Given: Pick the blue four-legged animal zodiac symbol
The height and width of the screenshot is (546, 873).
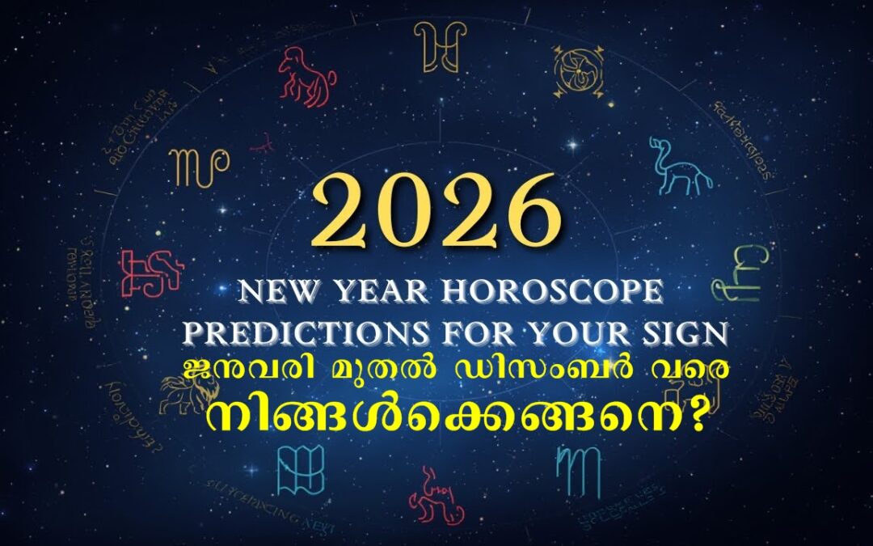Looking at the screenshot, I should (681, 167).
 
